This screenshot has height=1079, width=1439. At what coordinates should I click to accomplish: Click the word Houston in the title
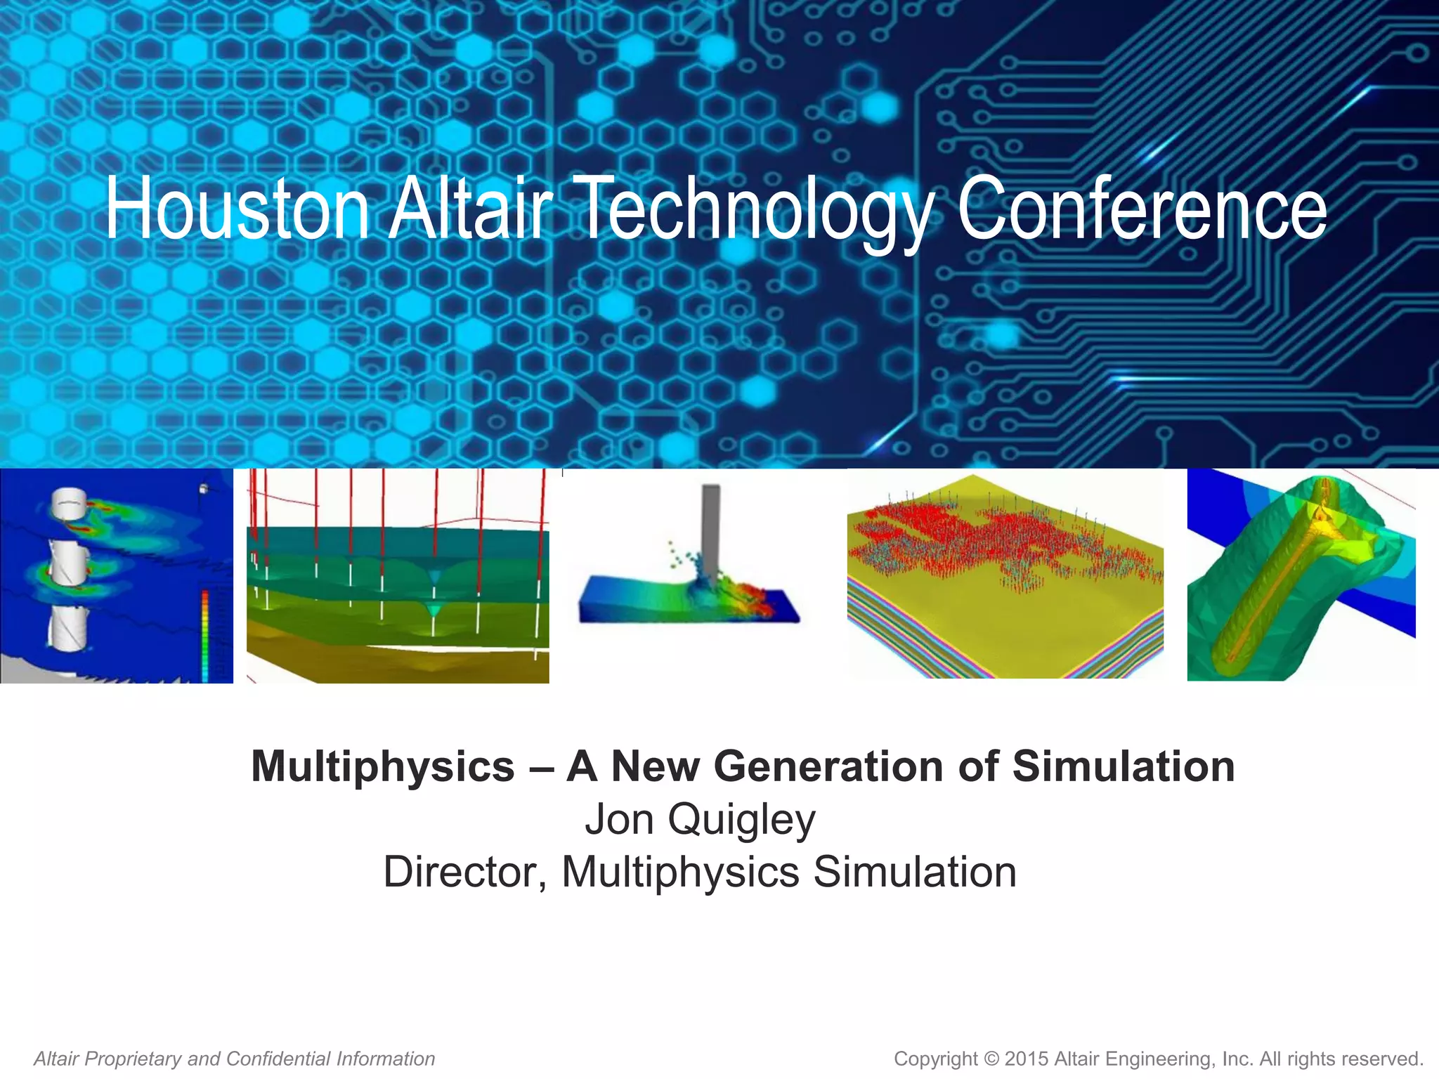tap(237, 209)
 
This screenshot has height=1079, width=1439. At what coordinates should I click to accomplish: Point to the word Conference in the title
tap(1142, 209)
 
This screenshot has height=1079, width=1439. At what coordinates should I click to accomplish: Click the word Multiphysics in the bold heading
tap(383, 766)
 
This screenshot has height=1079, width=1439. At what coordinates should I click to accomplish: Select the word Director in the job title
tap(464, 872)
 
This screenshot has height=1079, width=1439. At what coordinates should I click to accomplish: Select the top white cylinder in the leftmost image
tap(68, 504)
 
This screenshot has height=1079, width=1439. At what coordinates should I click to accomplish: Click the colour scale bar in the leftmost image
tap(204, 632)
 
